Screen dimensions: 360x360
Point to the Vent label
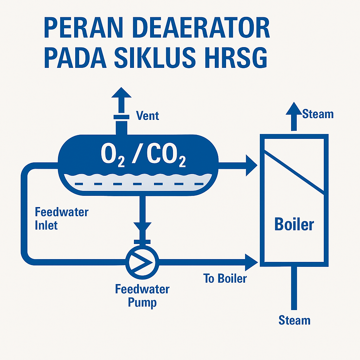[x=147, y=115]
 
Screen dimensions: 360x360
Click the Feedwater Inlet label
[x=62, y=218]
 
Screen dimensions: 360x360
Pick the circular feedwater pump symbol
[x=142, y=261]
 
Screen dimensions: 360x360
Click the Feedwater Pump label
[x=142, y=296]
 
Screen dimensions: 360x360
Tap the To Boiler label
[x=225, y=279]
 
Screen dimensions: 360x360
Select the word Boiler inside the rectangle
[x=294, y=224]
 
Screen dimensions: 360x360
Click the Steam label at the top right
[x=318, y=114]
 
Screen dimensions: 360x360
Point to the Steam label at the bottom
[x=294, y=320]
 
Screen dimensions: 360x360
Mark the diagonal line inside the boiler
[x=294, y=172]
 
